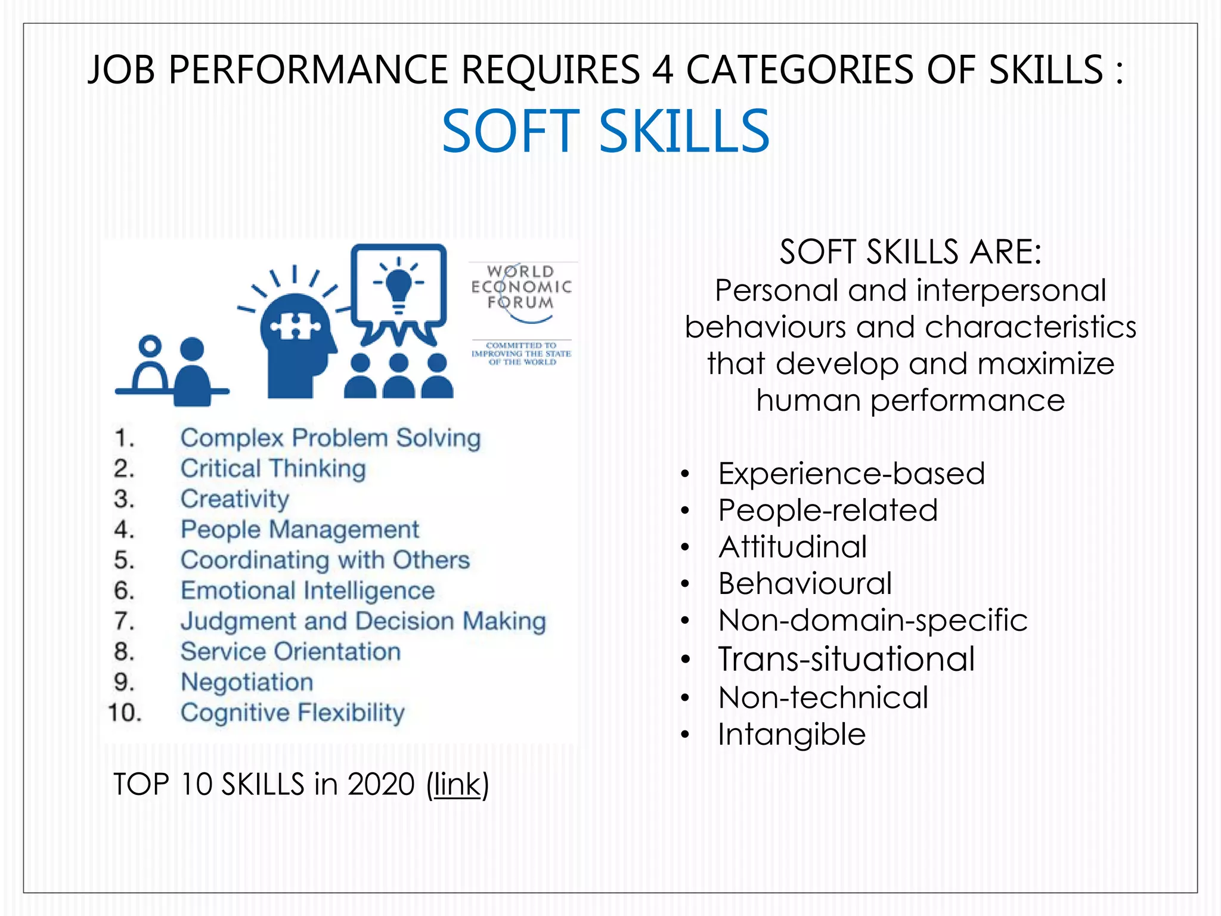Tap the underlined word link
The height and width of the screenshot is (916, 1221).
pos(457,784)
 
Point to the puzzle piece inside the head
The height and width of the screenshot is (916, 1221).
pos(295,326)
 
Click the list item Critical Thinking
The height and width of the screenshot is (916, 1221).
pos(273,469)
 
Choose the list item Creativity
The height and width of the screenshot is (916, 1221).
pos(235,499)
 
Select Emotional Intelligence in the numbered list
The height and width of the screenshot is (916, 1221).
pos(308,591)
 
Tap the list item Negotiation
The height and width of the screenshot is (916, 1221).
pos(247,682)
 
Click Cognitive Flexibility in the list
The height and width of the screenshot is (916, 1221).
pos(292,713)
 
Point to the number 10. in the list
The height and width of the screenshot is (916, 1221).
pos(125,713)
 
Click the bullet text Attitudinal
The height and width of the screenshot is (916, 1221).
pos(792,547)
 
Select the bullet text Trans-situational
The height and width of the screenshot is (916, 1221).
pos(846,659)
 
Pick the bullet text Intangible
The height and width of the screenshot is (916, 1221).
pos(791,734)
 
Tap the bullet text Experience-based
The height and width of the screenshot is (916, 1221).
pos(851,474)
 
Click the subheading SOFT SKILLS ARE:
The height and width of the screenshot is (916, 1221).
pos(910,252)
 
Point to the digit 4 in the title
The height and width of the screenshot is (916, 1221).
pos(662,70)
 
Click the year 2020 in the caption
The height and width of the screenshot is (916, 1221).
pos(381,784)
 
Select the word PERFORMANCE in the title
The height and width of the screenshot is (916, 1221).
pos(308,70)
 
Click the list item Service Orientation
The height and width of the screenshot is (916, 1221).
pos(290,652)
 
